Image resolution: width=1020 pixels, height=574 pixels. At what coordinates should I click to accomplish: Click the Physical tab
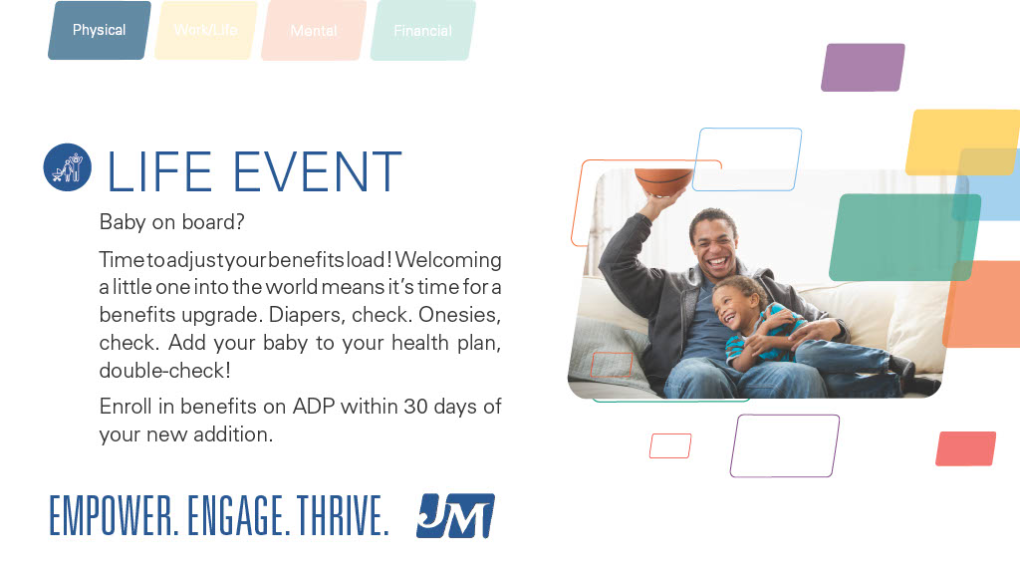(x=99, y=30)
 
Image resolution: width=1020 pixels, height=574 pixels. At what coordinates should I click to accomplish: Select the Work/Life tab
(x=206, y=30)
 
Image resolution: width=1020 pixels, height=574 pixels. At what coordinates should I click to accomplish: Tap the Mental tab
(x=314, y=31)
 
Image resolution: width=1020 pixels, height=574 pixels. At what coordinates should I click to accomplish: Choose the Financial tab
(x=422, y=31)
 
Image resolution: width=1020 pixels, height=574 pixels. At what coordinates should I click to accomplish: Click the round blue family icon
(x=68, y=167)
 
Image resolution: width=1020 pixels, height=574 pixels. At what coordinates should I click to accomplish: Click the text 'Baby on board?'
(x=171, y=222)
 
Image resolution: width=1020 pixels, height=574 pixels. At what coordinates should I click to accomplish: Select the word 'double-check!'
(x=164, y=371)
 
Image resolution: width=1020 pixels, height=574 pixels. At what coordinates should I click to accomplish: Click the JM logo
(x=455, y=516)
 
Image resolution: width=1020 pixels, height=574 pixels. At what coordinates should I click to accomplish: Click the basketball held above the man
(x=662, y=183)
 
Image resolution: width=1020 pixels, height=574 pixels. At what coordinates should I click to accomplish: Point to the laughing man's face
(x=713, y=244)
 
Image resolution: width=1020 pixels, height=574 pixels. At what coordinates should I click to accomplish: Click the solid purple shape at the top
(x=863, y=68)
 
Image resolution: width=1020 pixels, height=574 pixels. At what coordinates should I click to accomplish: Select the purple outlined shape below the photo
(x=785, y=445)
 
